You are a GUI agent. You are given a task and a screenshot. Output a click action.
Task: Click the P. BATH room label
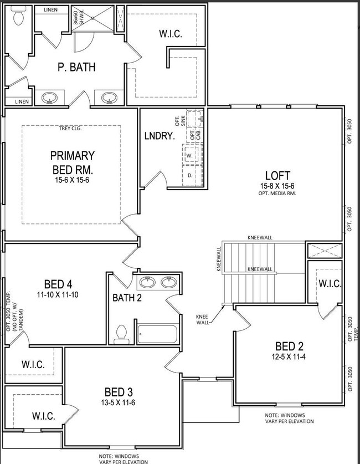pos(76,67)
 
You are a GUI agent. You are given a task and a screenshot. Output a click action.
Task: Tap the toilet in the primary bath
pos(18,19)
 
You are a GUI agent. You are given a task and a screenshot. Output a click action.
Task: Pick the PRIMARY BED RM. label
pos(72,162)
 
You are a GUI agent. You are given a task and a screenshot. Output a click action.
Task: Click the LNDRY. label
pos(160,136)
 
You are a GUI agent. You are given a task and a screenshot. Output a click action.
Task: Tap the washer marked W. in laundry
pos(189,156)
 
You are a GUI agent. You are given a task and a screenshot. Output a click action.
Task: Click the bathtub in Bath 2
pos(157,334)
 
